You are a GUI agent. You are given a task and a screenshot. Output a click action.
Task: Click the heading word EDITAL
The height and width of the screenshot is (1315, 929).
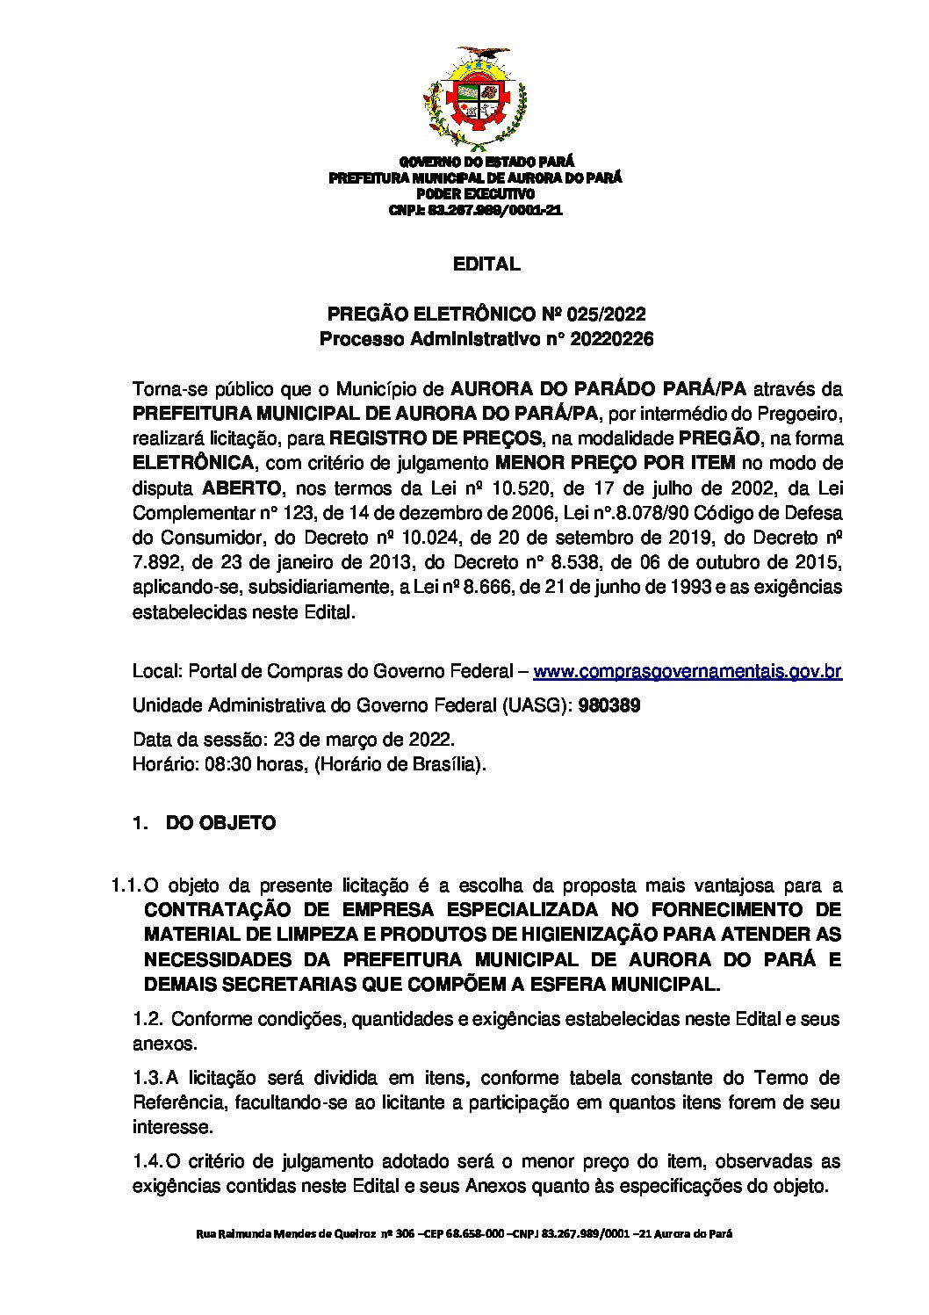(486, 264)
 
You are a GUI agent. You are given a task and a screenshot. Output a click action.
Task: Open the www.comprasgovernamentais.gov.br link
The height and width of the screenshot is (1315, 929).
(688, 672)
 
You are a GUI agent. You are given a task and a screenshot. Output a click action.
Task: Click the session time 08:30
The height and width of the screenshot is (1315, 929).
(224, 764)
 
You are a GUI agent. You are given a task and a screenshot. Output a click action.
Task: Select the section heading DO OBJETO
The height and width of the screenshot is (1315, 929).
(220, 823)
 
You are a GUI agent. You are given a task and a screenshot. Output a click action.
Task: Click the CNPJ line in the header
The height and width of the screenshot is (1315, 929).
(475, 211)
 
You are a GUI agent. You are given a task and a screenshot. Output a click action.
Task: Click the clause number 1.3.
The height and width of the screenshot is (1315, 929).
(147, 1078)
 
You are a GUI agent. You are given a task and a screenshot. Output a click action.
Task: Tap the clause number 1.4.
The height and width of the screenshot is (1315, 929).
(147, 1162)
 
